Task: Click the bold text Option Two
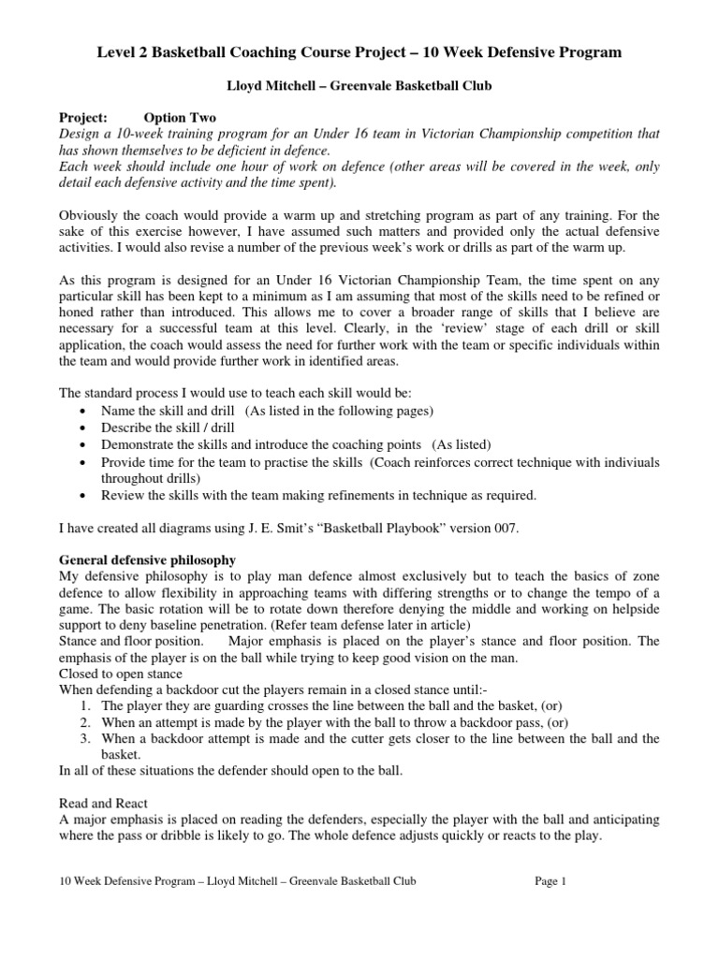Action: tap(180, 118)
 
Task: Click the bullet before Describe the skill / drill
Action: tap(85, 428)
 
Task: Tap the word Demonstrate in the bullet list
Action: tap(138, 444)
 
